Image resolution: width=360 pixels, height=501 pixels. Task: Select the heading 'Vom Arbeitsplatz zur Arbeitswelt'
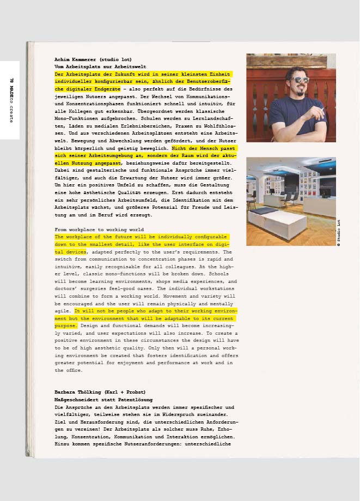93,66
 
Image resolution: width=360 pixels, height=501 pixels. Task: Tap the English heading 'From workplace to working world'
99,230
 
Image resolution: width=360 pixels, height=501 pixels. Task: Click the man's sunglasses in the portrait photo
300,80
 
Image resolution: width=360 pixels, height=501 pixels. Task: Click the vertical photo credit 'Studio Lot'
339,233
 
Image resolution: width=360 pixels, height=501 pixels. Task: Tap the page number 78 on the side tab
10,81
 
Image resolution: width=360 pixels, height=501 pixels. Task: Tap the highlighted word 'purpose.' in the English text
66,325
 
